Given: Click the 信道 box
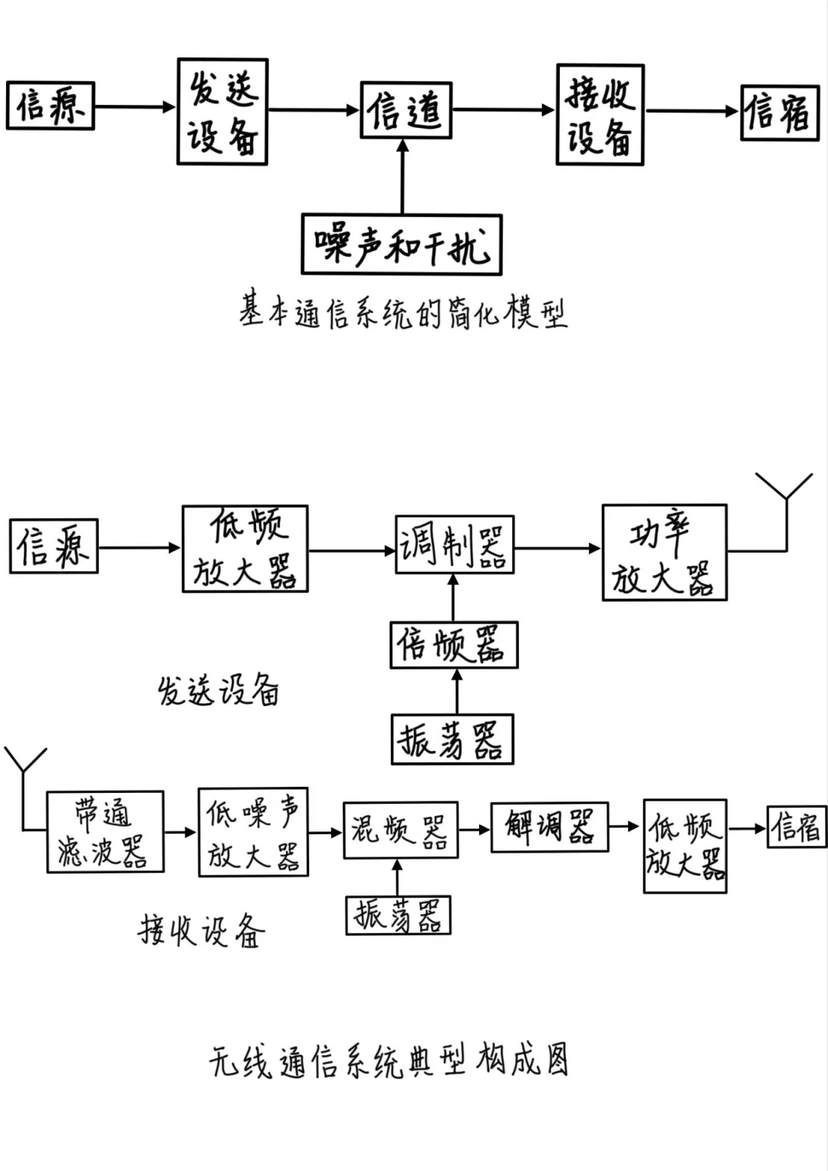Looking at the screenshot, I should point(406,110).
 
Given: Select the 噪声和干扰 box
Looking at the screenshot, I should point(401,245).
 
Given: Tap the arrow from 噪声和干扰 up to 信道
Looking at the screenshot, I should point(402,176).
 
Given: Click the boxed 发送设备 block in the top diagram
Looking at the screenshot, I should point(222,112).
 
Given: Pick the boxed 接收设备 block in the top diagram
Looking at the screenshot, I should point(600,115).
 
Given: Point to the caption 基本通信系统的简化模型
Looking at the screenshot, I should point(402,311).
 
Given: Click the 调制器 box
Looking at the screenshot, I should point(454,545).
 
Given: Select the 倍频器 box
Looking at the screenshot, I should point(454,645).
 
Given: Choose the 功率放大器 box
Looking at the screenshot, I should point(664,552).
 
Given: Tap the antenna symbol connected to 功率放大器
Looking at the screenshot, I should point(785,491).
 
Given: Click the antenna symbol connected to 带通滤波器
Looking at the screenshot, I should point(25,763).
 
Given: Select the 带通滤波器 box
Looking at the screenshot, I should point(105,831).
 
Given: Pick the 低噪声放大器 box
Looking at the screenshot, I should point(253,832).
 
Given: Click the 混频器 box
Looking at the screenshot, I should point(400,831).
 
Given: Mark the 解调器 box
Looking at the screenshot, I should point(549,827).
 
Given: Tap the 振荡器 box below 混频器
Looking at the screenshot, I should point(398,915).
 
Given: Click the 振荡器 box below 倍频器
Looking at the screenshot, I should point(452,739).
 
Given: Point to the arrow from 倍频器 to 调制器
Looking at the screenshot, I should point(453,597).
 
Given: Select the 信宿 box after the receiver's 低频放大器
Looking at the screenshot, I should point(797,827).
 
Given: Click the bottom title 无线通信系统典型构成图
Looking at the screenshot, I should point(389,1061).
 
